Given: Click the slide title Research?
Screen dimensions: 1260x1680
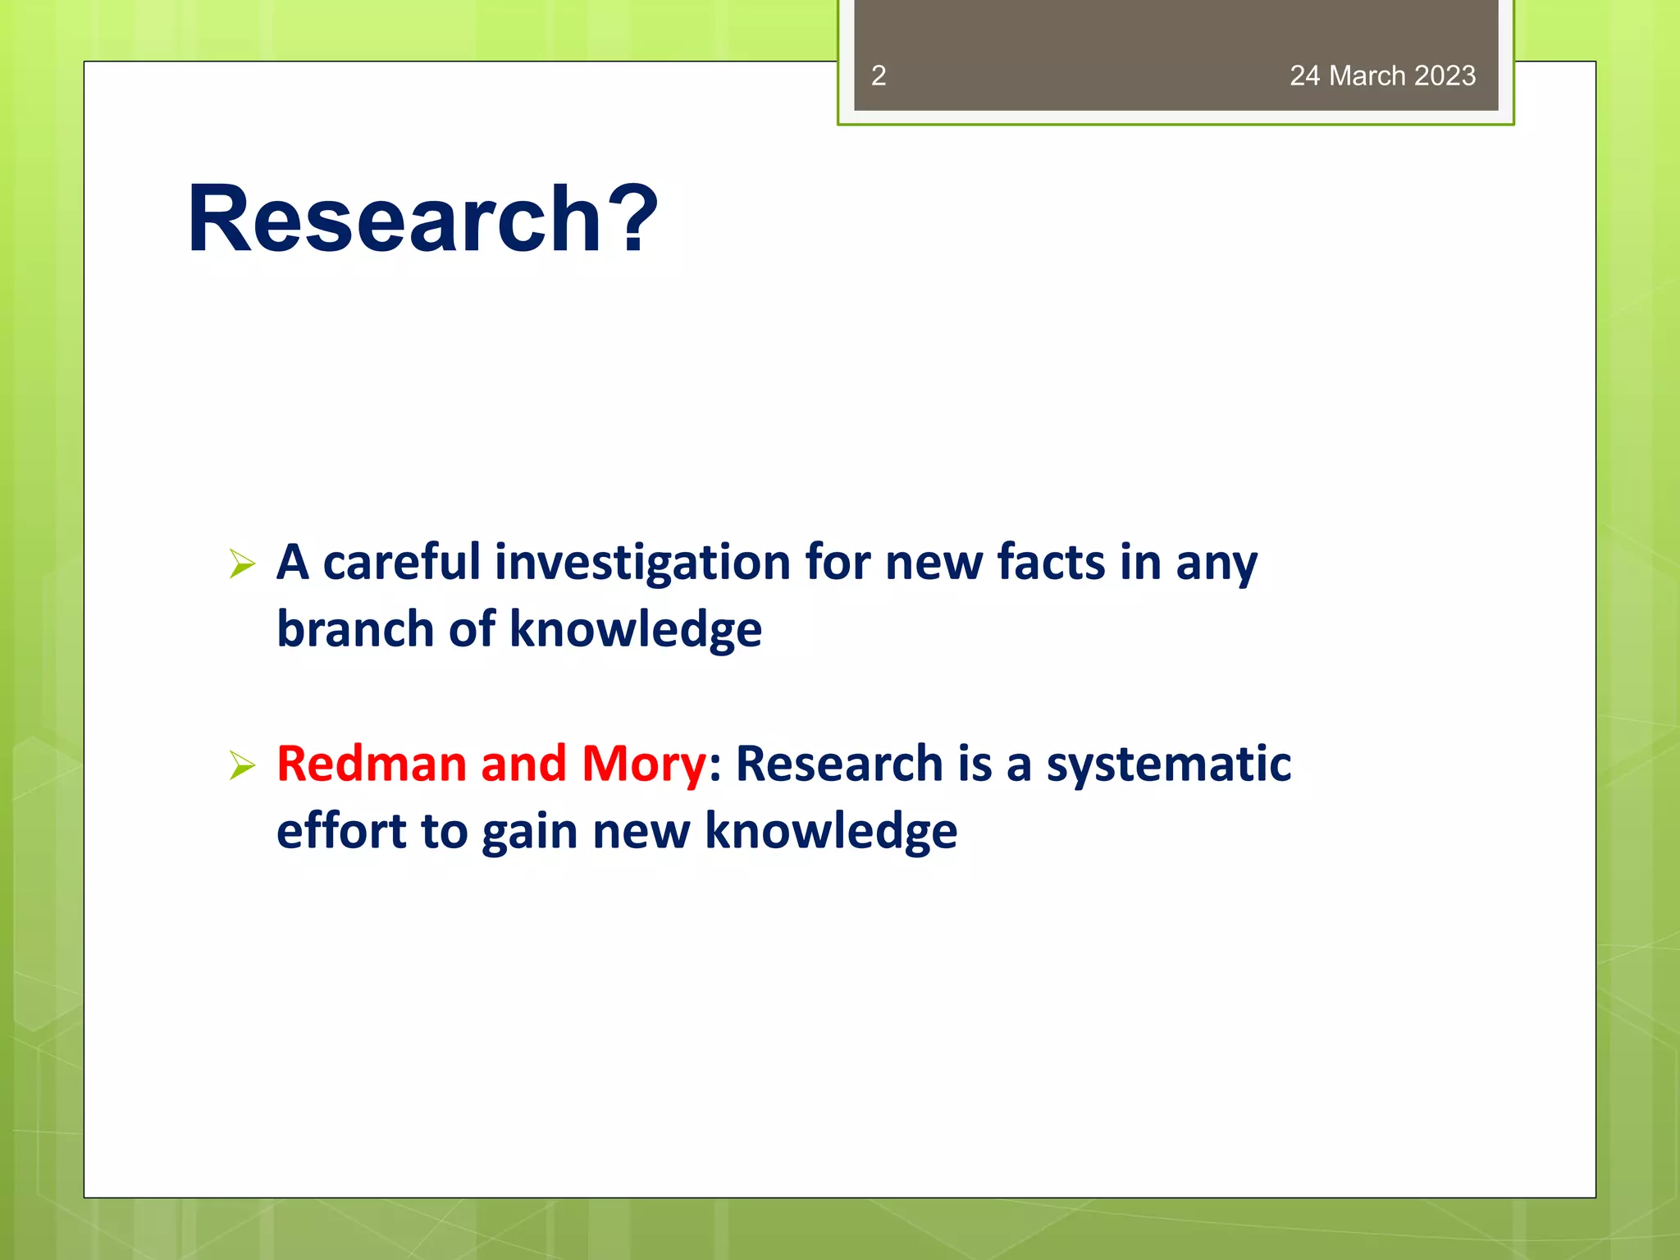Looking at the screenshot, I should tap(422, 219).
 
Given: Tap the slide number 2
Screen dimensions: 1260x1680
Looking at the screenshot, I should tap(878, 75).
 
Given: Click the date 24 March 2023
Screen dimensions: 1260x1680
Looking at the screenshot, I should tap(1382, 75).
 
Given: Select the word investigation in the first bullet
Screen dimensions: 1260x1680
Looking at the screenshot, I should tap(642, 564).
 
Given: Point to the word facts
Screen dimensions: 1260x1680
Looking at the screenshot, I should tap(1051, 564).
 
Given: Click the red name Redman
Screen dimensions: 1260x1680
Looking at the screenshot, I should tap(372, 765).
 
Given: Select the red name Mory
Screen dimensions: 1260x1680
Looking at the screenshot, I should tap(643, 765).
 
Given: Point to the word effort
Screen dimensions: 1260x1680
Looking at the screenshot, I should tap(341, 832).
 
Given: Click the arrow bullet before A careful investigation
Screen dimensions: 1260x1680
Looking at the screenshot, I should tap(242, 564).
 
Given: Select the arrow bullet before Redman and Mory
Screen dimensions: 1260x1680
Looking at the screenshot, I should tap(242, 765).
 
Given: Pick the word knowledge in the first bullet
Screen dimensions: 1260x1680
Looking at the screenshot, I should tap(636, 630).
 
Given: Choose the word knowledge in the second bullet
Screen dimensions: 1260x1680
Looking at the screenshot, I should tap(830, 832).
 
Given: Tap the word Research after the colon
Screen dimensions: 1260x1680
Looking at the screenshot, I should tap(838, 765).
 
